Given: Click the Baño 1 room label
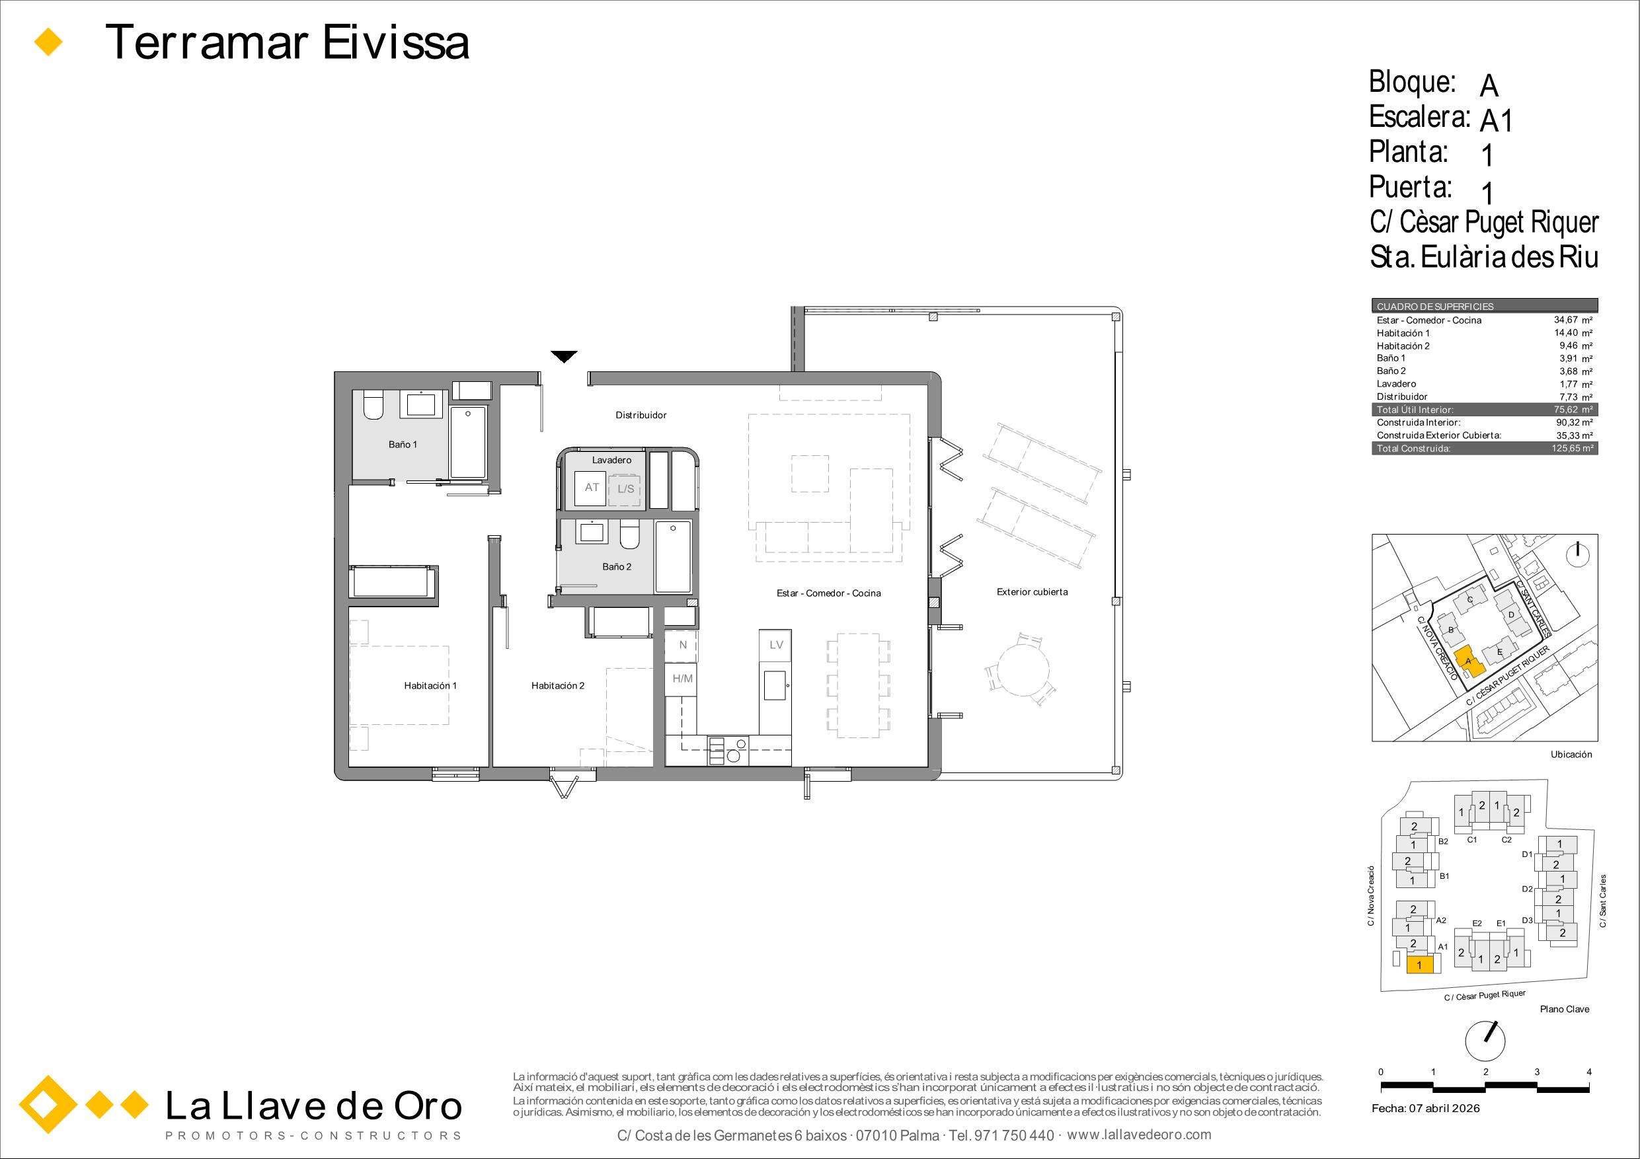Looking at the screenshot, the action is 403,445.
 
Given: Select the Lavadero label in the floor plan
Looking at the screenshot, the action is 611,461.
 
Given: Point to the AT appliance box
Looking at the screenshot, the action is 592,488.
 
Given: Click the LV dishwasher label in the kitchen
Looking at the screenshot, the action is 777,645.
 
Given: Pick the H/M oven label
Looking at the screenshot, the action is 683,679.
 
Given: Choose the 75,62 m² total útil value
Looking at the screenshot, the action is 1574,410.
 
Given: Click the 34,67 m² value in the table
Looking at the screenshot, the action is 1574,320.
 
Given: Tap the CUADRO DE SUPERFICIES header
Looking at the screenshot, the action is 1435,307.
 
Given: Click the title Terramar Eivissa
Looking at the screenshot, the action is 287,42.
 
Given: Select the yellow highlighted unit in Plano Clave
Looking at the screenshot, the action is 1419,965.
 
